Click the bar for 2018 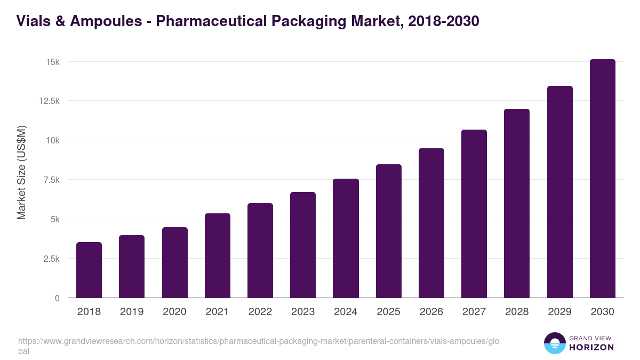coord(89,270)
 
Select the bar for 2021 coord(218,255)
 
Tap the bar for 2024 coord(346,238)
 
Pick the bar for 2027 coord(474,213)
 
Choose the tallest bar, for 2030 coord(602,178)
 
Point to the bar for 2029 coord(559,191)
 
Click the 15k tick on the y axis coord(52,62)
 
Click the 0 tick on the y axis coord(57,298)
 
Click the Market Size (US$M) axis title coord(21,172)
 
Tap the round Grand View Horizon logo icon coord(555,343)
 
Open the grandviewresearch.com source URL coord(256,341)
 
